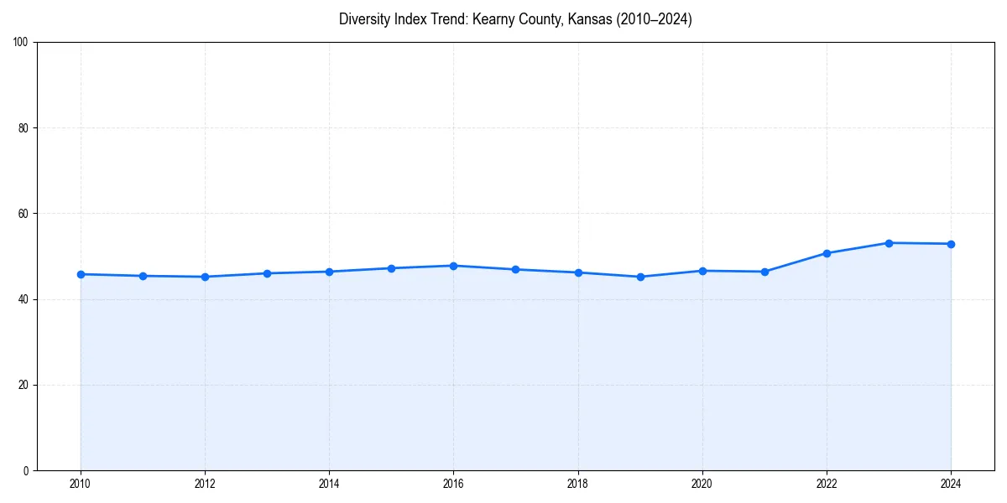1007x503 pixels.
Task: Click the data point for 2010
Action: coord(81,274)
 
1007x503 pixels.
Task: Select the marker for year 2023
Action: coord(889,243)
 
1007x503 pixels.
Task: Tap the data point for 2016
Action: coord(453,266)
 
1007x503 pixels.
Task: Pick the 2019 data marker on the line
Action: coord(640,277)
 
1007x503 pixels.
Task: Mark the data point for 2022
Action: coord(827,253)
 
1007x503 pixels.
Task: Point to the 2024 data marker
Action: coord(951,244)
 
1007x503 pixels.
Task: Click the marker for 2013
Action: coord(267,273)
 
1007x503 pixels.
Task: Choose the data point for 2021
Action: coord(764,272)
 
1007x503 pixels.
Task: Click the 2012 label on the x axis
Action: coord(205,484)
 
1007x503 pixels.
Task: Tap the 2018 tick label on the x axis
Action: coord(577,484)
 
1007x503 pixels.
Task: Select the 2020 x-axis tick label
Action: coord(702,484)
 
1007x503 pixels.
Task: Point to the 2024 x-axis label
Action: coord(951,484)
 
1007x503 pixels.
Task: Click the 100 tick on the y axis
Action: coord(21,43)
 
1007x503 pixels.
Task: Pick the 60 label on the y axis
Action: coord(23,214)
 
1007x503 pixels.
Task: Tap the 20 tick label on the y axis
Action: coord(23,385)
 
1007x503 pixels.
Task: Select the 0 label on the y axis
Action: coord(26,470)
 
